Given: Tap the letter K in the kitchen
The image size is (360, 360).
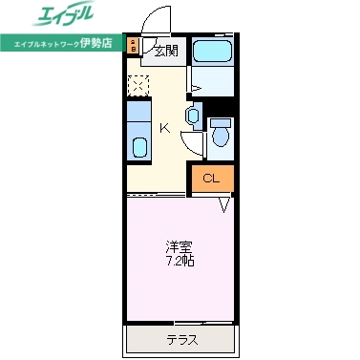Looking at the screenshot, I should point(164,129).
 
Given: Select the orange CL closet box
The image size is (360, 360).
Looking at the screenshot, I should point(211,179).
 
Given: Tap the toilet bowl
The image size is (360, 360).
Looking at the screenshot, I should point(222,136).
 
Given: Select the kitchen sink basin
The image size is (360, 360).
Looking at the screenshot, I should point(138,147).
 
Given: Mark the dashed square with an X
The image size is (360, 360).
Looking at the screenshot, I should point(138,85).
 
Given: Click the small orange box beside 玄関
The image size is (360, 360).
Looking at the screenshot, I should point(134,44).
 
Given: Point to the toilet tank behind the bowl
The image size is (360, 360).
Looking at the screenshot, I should point(222,121).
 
